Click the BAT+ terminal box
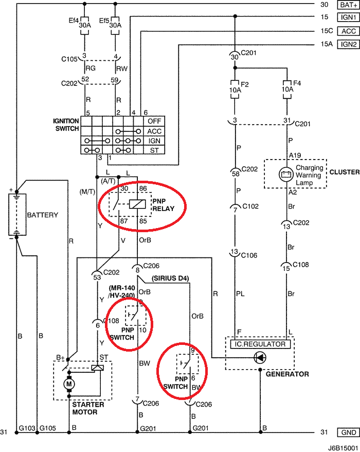pyautogui.click(x=346, y=5)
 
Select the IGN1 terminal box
pyautogui.click(x=346, y=18)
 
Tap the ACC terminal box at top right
pyautogui.click(x=346, y=31)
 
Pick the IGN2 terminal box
pyautogui.click(x=346, y=44)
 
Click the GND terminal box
pyautogui.click(x=346, y=432)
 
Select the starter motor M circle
pyautogui.click(x=69, y=384)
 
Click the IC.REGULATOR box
pyautogui.click(x=260, y=343)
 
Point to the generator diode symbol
pyautogui.click(x=261, y=357)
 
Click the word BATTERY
pyautogui.click(x=43, y=215)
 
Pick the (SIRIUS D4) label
pyautogui.click(x=171, y=279)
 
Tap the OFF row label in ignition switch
pyautogui.click(x=154, y=121)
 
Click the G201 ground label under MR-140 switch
pyautogui.click(x=148, y=428)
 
